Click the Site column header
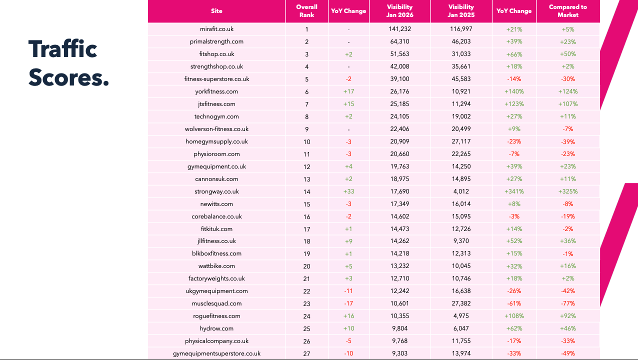[x=216, y=11]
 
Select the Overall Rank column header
[x=306, y=11]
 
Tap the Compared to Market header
[x=568, y=11]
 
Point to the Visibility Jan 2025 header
[x=461, y=11]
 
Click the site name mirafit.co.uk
[x=216, y=29]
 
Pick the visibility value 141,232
[x=399, y=29]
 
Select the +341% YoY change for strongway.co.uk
[x=514, y=191]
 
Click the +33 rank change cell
[x=348, y=191]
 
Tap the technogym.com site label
[x=216, y=116]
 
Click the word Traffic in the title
[x=62, y=49]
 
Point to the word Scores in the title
[x=68, y=77]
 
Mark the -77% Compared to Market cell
[x=568, y=303]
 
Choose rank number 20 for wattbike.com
[x=306, y=266]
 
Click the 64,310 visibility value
[x=399, y=42]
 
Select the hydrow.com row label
[x=216, y=328]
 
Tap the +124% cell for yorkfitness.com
[x=568, y=91]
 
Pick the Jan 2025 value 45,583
[x=461, y=79]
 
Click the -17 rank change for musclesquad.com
[x=348, y=303]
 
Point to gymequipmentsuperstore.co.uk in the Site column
[x=216, y=353]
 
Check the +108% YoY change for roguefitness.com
[x=514, y=316]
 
